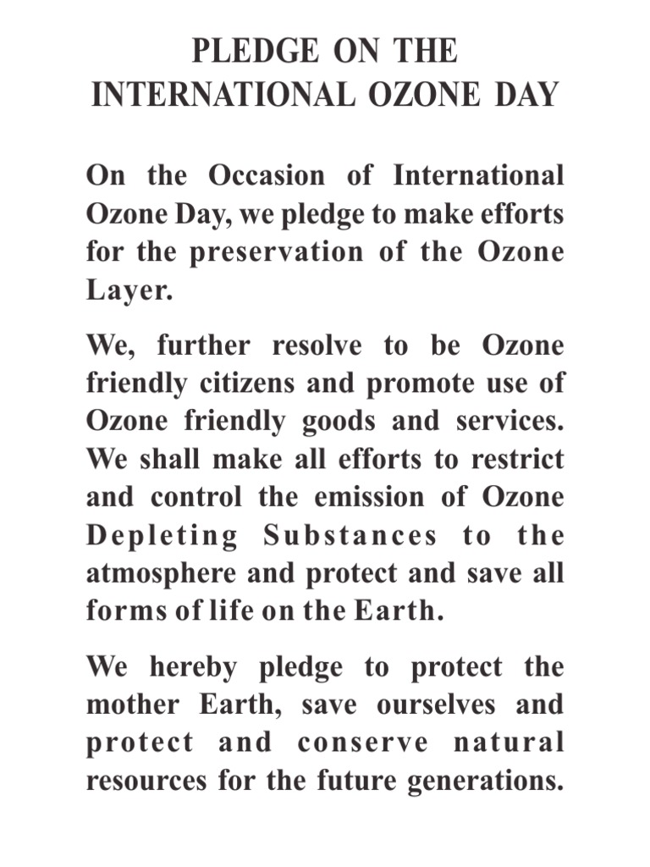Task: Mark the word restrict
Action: (x=517, y=460)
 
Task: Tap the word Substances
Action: (x=350, y=535)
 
